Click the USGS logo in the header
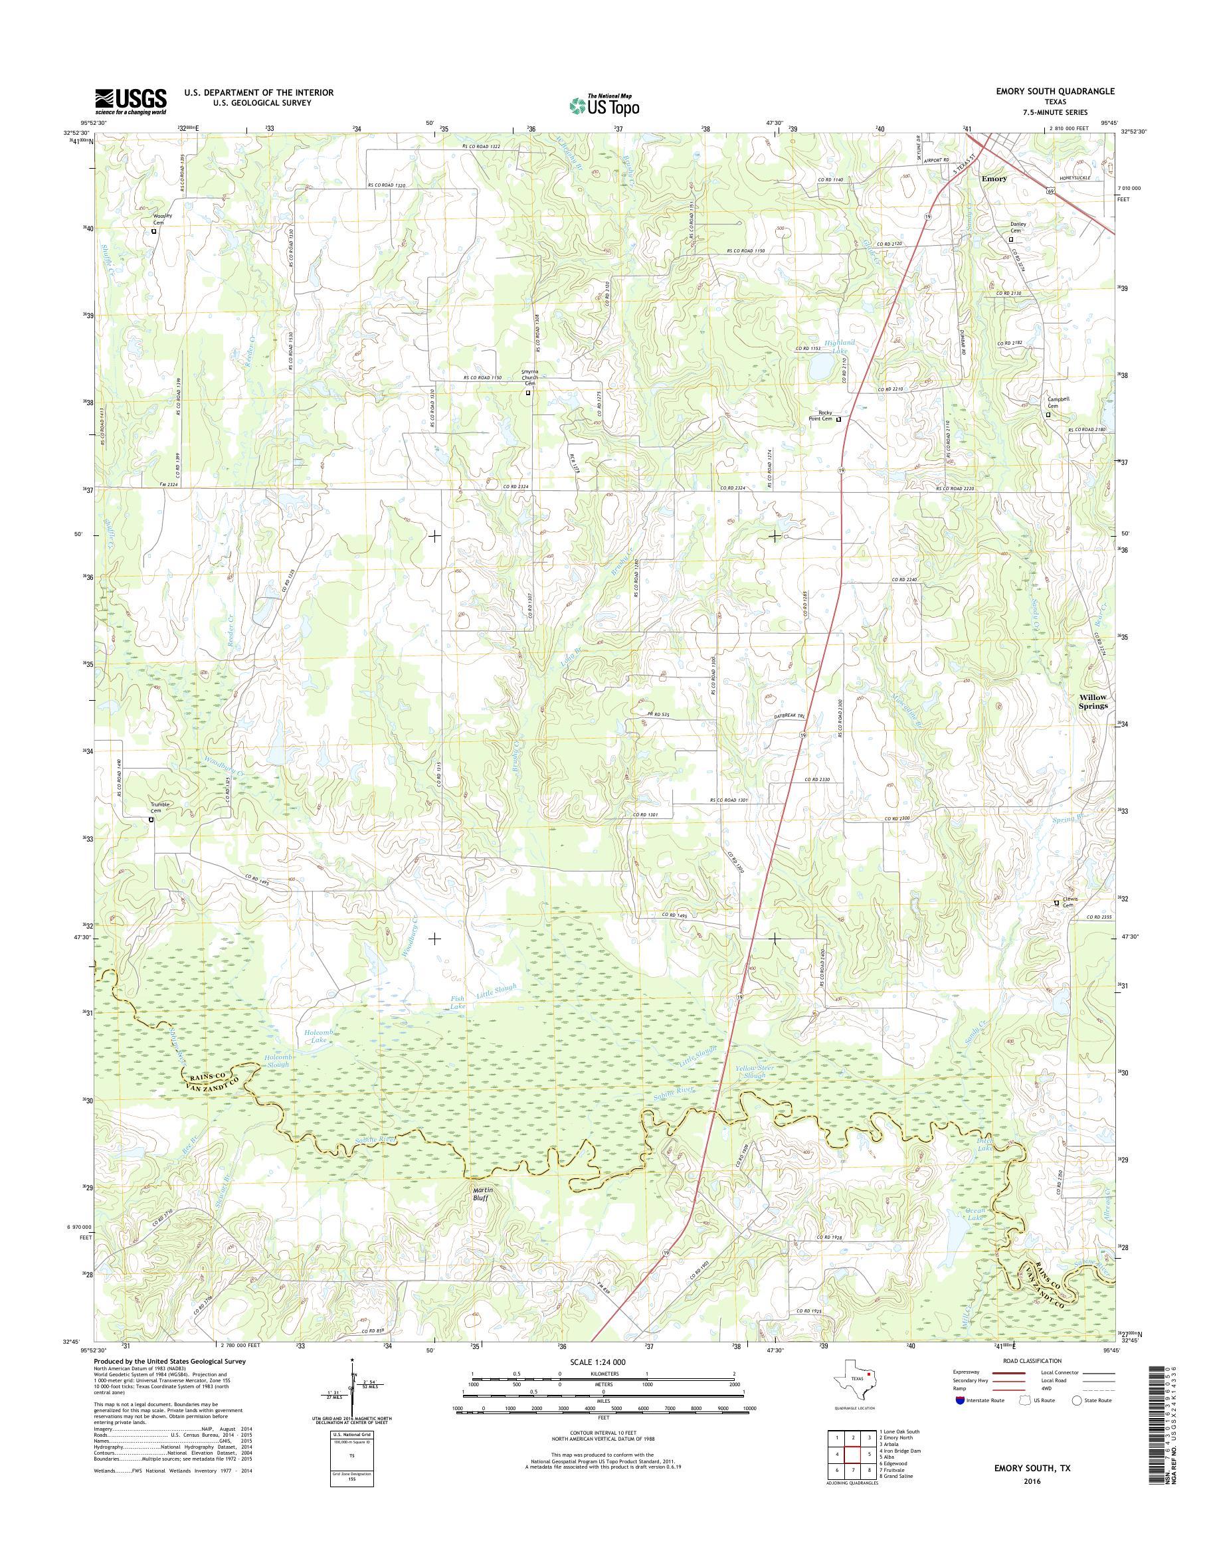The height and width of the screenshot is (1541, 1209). tap(131, 102)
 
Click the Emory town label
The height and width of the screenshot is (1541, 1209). tap(994, 179)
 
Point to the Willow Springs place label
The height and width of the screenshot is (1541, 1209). tap(1092, 701)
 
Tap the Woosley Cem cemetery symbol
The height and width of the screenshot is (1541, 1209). tap(153, 231)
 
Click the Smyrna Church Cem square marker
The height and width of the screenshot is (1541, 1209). tap(527, 392)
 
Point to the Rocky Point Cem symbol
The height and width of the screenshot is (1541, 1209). tap(840, 420)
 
